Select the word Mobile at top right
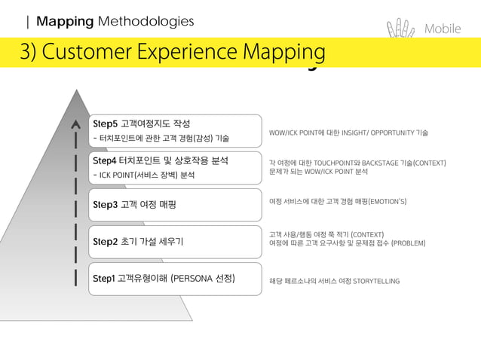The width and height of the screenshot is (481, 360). (443, 29)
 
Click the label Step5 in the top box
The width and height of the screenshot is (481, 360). (105, 124)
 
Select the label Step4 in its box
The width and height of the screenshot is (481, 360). (105, 160)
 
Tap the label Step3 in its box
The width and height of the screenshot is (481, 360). (105, 204)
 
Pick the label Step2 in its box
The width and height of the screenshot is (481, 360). (105, 242)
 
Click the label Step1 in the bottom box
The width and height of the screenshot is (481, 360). (104, 279)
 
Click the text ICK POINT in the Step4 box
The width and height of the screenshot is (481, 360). (120, 175)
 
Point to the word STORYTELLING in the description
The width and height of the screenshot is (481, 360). (376, 281)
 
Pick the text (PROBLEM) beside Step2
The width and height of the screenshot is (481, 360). (409, 243)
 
